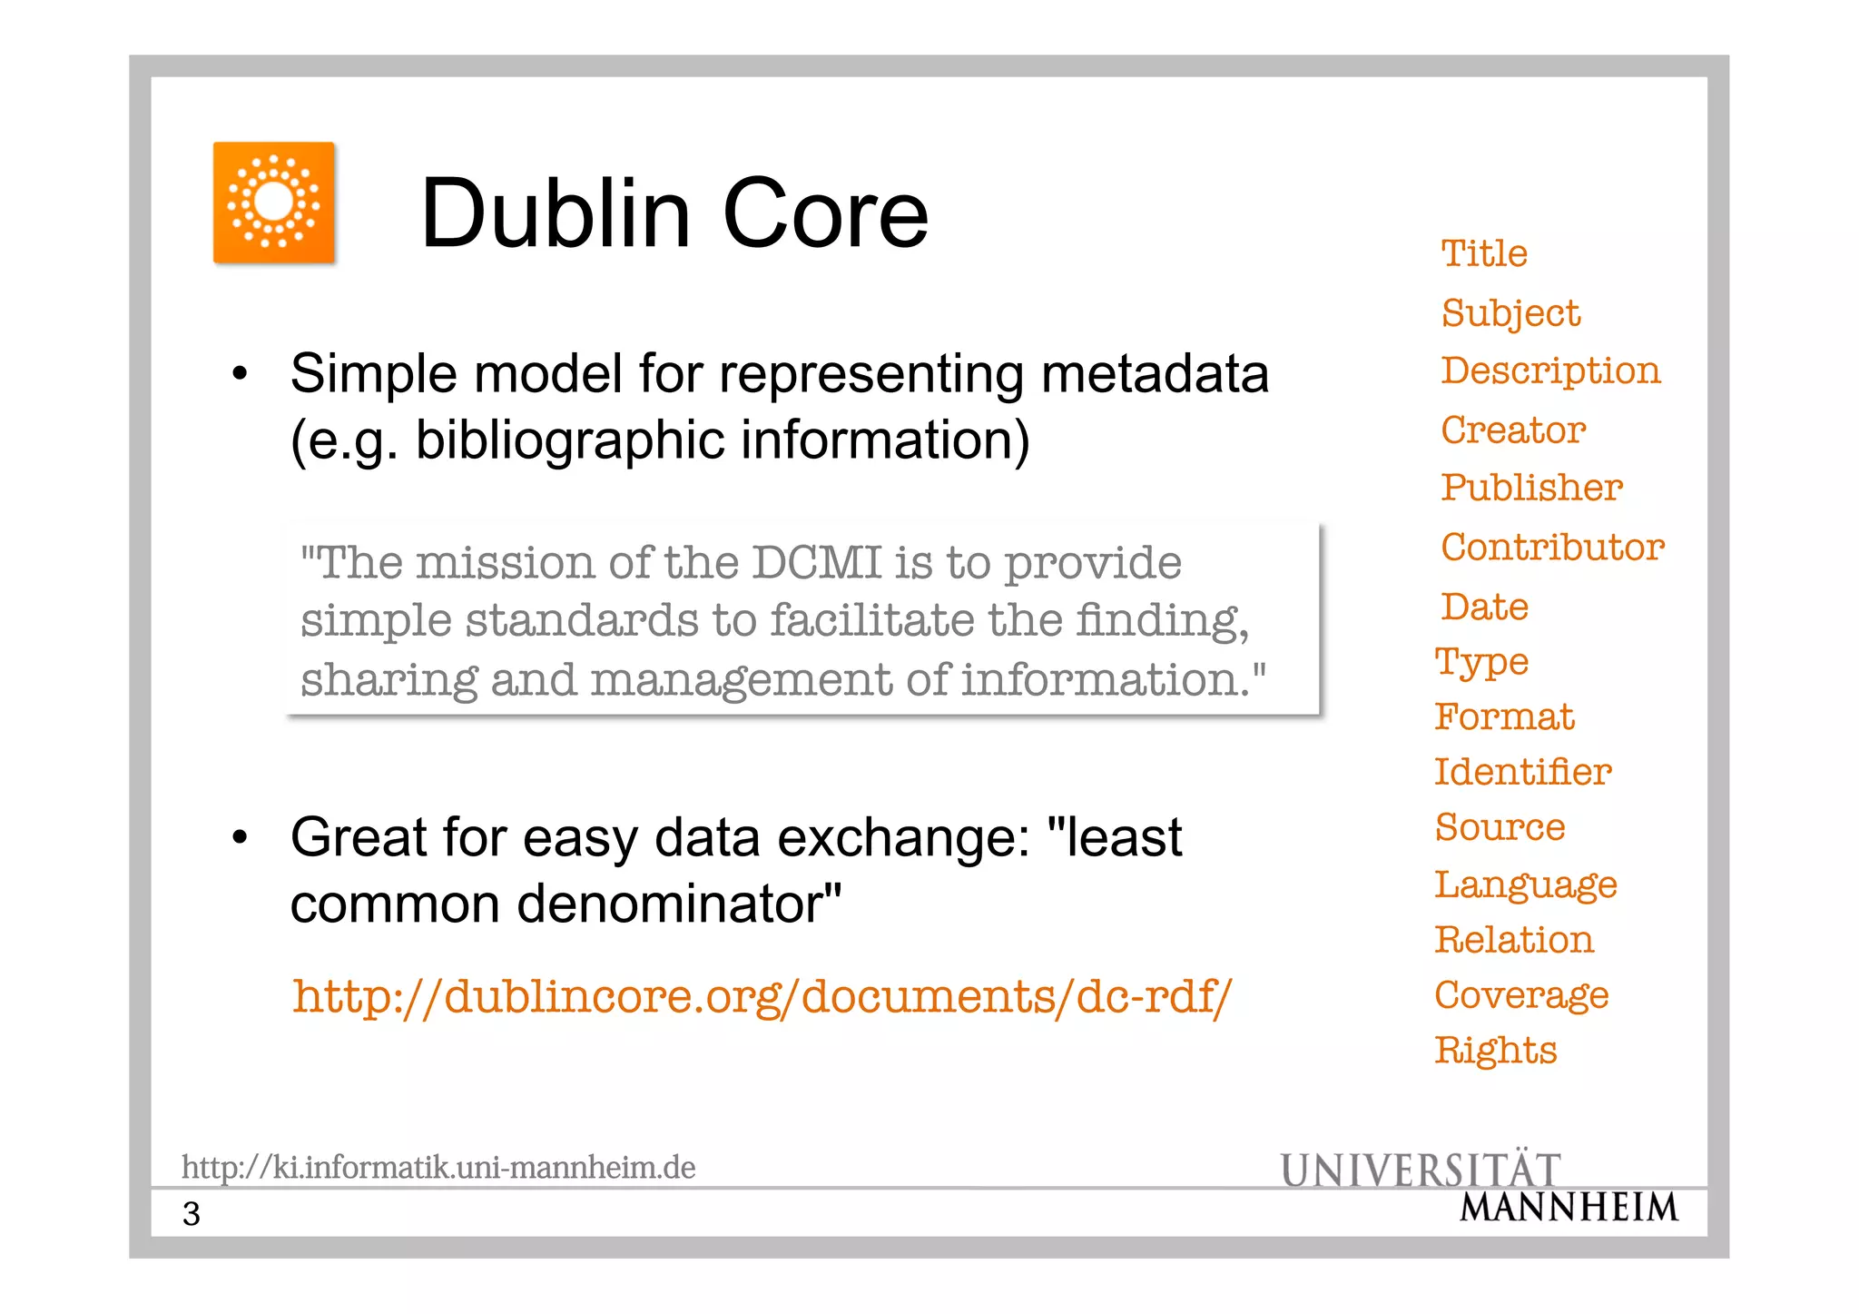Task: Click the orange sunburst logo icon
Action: (x=274, y=203)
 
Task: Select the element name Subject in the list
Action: (x=1510, y=314)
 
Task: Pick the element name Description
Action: (x=1550, y=371)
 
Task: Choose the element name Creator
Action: (x=1513, y=430)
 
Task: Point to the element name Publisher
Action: (x=1531, y=488)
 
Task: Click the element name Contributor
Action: (x=1552, y=547)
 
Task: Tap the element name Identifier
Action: (x=1522, y=772)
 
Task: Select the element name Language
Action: (x=1525, y=885)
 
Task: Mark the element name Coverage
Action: (x=1521, y=996)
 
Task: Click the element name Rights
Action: (x=1495, y=1051)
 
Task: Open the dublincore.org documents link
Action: (x=762, y=996)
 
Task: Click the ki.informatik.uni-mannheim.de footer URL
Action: (x=438, y=1167)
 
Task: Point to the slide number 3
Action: (x=191, y=1214)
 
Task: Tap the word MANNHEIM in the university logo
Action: (x=1569, y=1208)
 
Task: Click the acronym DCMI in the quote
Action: (x=816, y=563)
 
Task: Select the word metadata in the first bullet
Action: (x=1155, y=373)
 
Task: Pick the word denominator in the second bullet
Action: (x=678, y=904)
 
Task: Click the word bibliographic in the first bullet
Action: (x=570, y=440)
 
